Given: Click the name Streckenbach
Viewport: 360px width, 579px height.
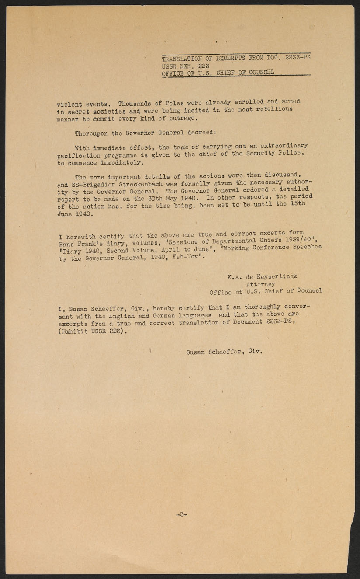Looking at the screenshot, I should (x=139, y=184).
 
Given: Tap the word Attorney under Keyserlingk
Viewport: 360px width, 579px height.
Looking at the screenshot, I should (x=260, y=284).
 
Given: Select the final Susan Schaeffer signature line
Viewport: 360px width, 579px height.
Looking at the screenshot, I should (x=224, y=351).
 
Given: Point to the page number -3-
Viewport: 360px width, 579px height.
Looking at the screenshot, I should (x=181, y=514).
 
